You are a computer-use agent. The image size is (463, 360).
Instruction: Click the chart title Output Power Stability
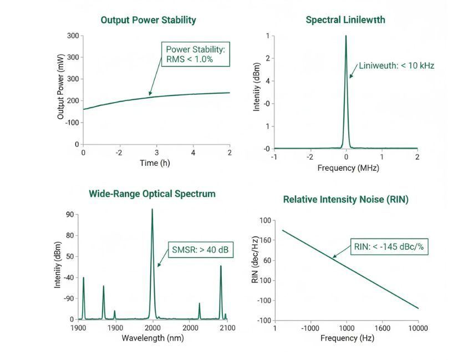(148, 20)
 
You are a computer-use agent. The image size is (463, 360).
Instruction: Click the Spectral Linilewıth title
(345, 20)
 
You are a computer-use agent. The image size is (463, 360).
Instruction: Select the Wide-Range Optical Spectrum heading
(152, 194)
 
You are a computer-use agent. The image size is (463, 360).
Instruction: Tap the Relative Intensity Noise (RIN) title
(345, 200)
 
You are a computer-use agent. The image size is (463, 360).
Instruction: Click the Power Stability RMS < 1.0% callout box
(195, 54)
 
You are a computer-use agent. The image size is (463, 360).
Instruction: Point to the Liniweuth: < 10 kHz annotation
(396, 65)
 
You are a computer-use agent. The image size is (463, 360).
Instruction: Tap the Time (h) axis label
(156, 164)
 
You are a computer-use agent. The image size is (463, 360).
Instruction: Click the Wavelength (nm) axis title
(152, 338)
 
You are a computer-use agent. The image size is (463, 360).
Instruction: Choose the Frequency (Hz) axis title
(347, 338)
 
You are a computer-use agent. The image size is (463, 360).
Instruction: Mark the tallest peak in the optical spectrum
(152, 210)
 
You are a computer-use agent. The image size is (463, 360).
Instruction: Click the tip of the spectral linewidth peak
(346, 36)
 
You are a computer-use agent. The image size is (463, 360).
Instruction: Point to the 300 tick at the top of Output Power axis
(73, 36)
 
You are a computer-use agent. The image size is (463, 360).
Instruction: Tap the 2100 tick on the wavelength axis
(227, 328)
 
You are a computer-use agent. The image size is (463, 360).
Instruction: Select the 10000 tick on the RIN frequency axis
(418, 328)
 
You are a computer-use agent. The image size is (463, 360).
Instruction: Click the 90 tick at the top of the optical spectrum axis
(70, 215)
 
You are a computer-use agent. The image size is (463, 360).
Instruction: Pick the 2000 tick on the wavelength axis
(152, 328)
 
